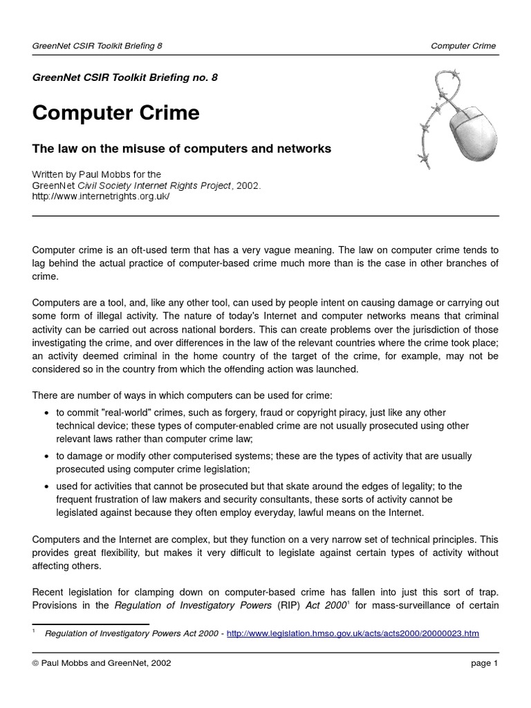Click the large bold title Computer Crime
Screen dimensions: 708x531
pos(115,113)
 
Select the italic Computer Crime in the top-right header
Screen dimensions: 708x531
pos(463,46)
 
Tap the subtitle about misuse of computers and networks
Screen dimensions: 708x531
pos(182,149)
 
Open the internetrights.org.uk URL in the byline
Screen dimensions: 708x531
pos(100,196)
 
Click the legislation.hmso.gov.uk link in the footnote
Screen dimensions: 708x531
pos(353,633)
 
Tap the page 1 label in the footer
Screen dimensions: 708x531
pos(484,663)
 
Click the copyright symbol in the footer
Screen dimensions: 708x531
pos(36,663)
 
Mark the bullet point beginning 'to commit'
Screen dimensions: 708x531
pos(46,413)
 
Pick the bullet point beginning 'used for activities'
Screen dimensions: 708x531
pos(46,487)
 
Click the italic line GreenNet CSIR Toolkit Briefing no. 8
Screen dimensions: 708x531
pos(125,77)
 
